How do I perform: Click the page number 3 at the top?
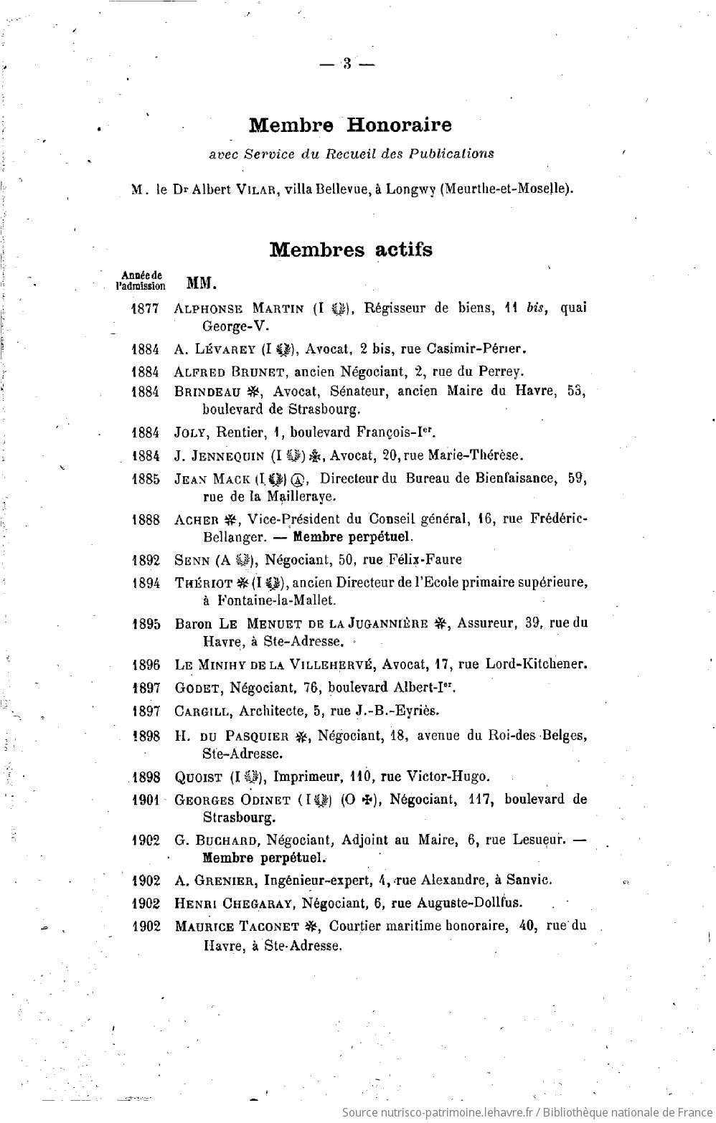(347, 64)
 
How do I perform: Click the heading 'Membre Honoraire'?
(350, 125)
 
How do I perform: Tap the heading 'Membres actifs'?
(350, 250)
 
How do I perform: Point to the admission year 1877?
(146, 308)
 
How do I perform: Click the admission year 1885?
(146, 479)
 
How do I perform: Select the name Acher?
(196, 520)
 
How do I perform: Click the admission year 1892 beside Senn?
(146, 559)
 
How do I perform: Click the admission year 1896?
(146, 664)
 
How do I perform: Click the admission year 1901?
(146, 800)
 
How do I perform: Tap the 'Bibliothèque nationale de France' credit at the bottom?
(623, 1112)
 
